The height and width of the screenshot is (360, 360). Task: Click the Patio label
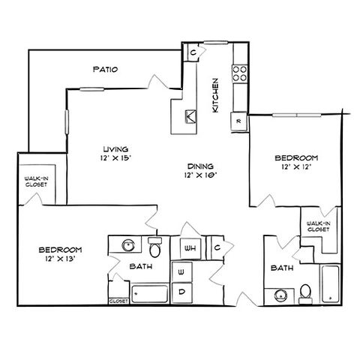coord(105,69)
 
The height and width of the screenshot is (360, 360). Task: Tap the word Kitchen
coord(215,95)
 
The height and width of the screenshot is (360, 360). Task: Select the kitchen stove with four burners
coord(240,73)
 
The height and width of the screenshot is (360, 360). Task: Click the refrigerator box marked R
coord(238,121)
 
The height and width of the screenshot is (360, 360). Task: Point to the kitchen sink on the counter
coord(190,116)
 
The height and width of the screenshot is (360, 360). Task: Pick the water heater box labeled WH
coord(190,248)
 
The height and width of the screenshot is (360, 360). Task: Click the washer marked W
coord(181,271)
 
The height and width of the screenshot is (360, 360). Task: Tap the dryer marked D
coord(182,292)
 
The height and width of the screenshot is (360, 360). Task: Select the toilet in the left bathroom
coord(155,247)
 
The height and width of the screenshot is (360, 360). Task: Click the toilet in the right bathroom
coord(305,294)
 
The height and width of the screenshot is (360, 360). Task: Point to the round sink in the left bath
coord(128,245)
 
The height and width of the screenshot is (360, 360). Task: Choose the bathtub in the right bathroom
coord(331,284)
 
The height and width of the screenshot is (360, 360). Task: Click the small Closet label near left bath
coord(118,301)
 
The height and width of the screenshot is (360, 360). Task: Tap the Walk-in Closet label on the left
coord(37,181)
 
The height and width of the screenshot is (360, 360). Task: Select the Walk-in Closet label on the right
coord(318,226)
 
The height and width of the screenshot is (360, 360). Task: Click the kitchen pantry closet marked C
coord(193,52)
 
